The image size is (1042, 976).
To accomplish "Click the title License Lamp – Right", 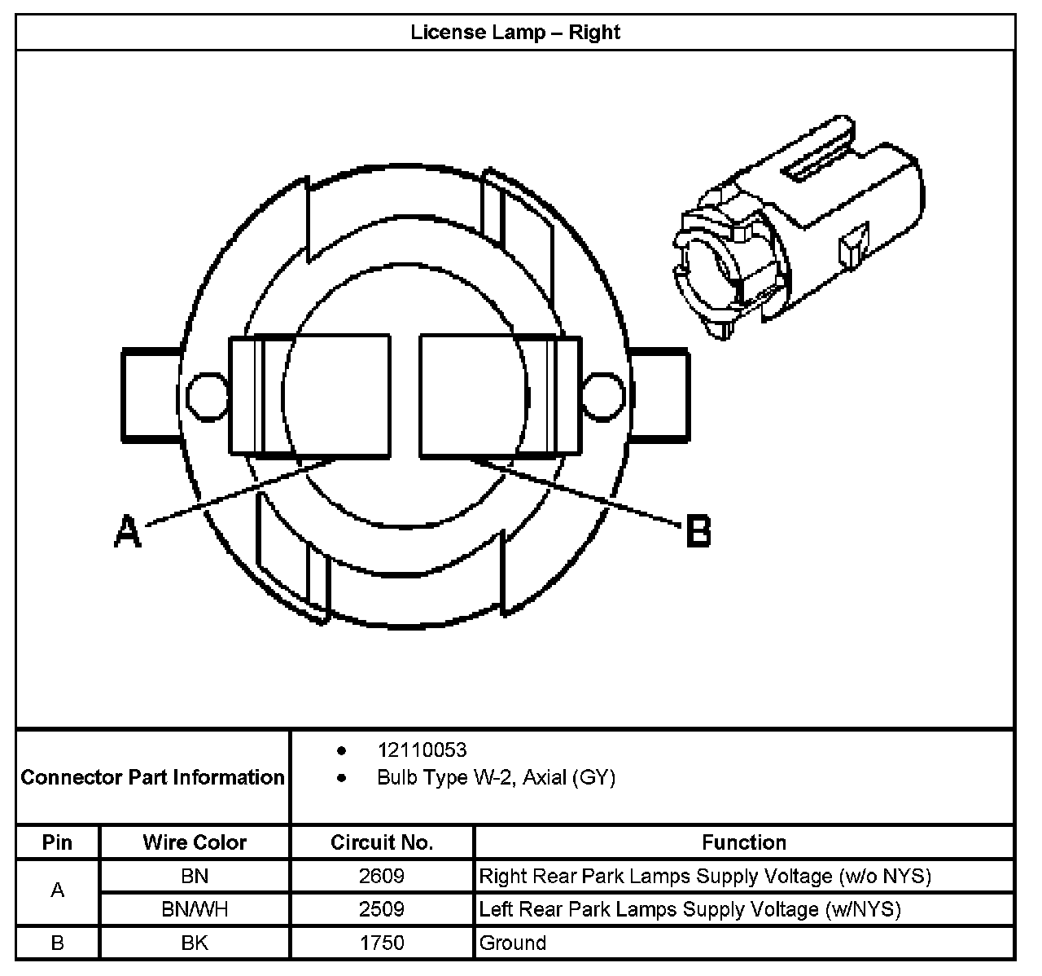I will coord(515,33).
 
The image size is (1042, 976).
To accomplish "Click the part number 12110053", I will coord(422,750).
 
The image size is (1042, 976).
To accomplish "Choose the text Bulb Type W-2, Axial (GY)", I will coord(496,777).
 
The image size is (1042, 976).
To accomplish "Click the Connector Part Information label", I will coord(153,777).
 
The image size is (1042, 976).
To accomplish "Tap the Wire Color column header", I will coord(195,842).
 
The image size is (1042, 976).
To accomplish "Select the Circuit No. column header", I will coord(382,842).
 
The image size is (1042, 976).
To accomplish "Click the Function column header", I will coord(744,842).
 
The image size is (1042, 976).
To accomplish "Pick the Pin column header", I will coord(57,842).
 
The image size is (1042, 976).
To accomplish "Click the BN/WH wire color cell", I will coord(195,909).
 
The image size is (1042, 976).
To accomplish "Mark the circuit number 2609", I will coord(382,876).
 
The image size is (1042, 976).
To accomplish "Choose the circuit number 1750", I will coord(382,943).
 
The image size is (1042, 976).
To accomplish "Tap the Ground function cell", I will coord(513,943).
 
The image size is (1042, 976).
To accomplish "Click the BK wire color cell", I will coord(195,943).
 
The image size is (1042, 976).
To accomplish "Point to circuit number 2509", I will coord(382,909).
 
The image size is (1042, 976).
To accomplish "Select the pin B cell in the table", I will coord(57,943).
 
